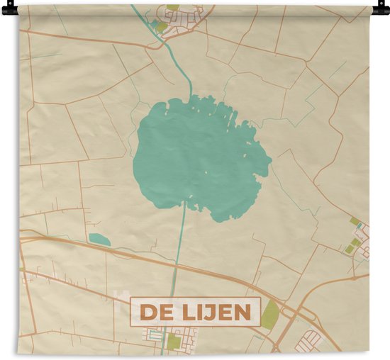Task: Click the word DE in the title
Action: (x=152, y=312)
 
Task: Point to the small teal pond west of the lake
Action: (x=99, y=240)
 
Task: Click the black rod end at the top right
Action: (x=383, y=9)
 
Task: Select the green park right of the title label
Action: (x=269, y=314)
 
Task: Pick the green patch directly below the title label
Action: (x=174, y=342)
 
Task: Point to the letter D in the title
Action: (x=145, y=312)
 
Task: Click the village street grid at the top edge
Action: (x=188, y=18)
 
